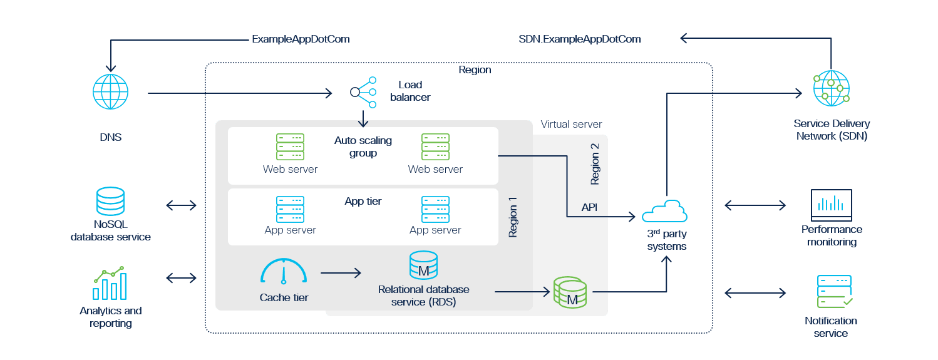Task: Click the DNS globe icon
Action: [x=111, y=91]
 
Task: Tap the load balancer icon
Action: [x=363, y=92]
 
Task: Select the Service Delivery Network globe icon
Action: [x=831, y=88]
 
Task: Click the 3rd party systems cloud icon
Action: [x=664, y=211]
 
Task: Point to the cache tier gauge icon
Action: [x=284, y=271]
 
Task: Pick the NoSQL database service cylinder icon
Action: [x=111, y=201]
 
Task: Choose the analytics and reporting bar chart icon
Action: [x=110, y=283]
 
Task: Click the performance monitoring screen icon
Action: [x=831, y=205]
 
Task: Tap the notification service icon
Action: [x=835, y=291]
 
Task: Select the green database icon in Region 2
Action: [x=570, y=292]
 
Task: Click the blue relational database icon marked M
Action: [x=423, y=265]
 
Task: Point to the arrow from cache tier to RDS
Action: [x=341, y=273]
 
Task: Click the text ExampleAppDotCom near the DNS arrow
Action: [x=301, y=39]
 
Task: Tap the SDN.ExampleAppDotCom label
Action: [x=580, y=39]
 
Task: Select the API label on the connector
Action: [x=589, y=207]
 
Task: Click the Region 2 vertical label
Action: [x=595, y=164]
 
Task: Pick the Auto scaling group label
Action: [x=363, y=147]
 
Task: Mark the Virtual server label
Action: [x=571, y=125]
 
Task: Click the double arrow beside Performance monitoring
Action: [x=755, y=205]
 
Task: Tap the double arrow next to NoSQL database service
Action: [x=182, y=205]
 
